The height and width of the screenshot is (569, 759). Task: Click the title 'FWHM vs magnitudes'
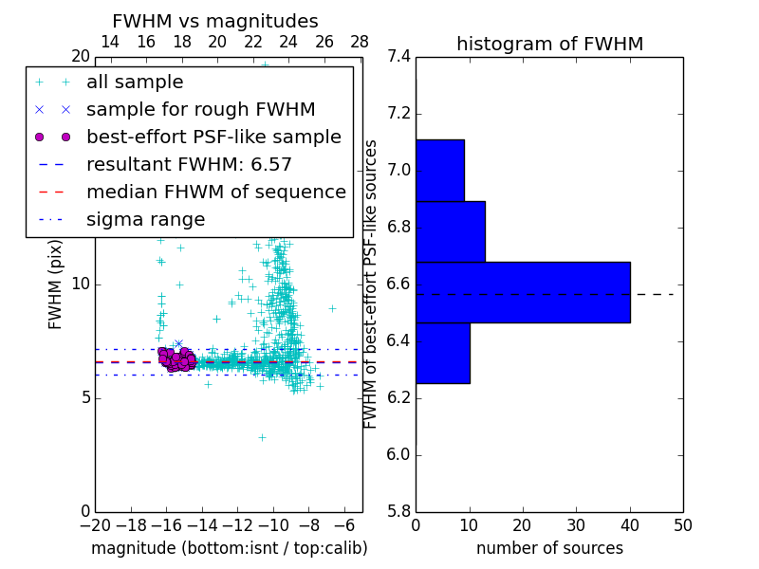(x=215, y=22)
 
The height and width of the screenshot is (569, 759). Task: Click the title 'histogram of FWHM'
(x=549, y=44)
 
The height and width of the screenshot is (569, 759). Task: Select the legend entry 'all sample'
(x=135, y=83)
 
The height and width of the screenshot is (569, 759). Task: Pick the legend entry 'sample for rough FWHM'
(x=200, y=109)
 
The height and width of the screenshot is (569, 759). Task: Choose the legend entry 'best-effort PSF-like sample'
(x=213, y=137)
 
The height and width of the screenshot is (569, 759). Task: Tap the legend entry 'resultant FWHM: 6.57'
(x=189, y=164)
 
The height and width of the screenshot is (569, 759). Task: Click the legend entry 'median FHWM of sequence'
(x=215, y=192)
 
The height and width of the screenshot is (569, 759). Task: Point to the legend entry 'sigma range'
(x=145, y=220)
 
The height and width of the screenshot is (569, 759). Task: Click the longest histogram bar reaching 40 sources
(x=523, y=292)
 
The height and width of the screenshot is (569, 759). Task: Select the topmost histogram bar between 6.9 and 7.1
(x=440, y=171)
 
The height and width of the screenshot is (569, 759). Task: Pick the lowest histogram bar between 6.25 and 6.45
(x=443, y=353)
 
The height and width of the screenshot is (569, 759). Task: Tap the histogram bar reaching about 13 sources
(x=451, y=231)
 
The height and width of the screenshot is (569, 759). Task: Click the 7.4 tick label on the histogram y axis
(x=399, y=57)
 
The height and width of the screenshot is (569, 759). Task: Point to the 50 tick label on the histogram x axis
(x=682, y=524)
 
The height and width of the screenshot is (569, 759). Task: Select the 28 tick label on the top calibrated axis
(x=360, y=42)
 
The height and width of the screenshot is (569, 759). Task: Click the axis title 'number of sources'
(x=549, y=548)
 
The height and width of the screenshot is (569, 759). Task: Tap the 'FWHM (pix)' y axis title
(x=56, y=284)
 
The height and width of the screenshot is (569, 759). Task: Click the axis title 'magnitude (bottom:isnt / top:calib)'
(x=229, y=548)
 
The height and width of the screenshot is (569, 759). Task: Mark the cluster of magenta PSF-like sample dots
(x=176, y=358)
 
